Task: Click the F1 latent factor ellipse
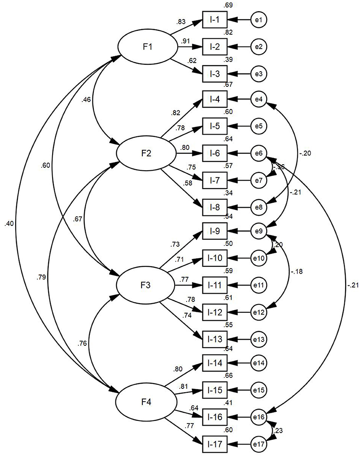click(148, 47)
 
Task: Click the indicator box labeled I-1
click(215, 20)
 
